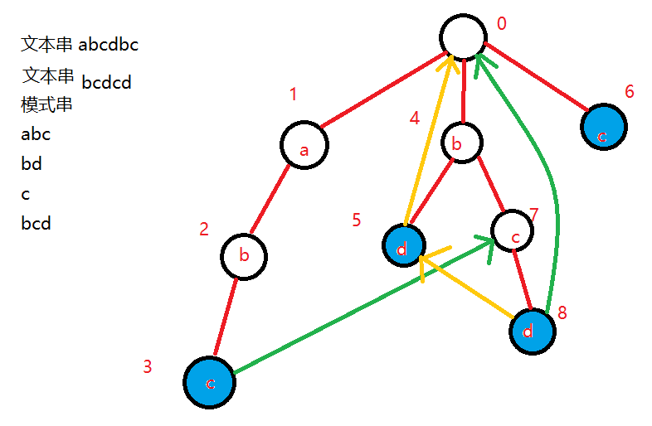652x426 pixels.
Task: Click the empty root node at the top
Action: tap(463, 38)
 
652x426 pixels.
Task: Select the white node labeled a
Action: tap(304, 146)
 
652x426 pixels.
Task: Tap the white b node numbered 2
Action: tap(244, 255)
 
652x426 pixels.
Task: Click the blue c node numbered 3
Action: tap(210, 382)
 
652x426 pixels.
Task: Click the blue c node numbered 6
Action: tap(602, 127)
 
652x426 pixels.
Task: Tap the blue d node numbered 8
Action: tap(531, 331)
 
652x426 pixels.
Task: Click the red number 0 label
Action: tap(501, 23)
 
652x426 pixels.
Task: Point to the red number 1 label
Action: tap(293, 94)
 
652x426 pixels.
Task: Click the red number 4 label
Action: tap(415, 119)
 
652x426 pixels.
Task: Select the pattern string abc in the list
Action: tap(36, 134)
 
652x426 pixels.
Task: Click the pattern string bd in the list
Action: tap(32, 164)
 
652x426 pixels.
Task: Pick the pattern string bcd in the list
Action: tap(36, 223)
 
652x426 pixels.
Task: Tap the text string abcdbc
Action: tap(109, 45)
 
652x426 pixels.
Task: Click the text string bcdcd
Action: tap(107, 83)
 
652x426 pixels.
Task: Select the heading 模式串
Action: tap(47, 105)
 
